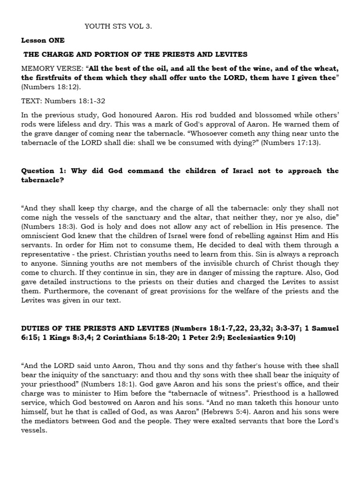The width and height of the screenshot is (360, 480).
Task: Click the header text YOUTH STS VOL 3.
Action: tap(118, 27)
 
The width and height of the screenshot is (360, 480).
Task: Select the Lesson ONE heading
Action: tap(43, 41)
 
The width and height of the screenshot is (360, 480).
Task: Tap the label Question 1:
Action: tap(45, 171)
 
